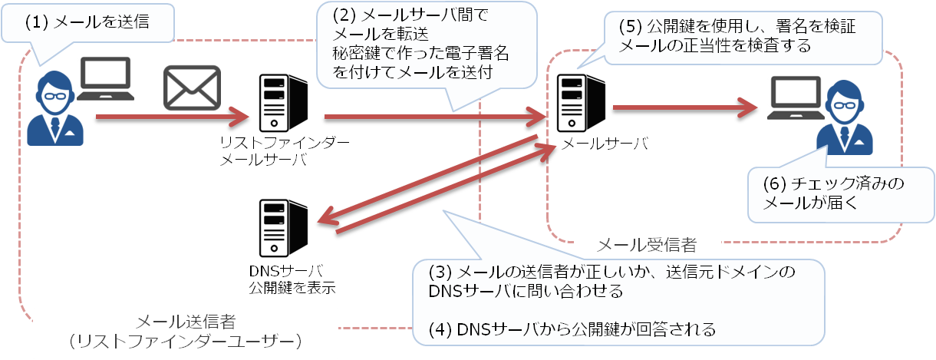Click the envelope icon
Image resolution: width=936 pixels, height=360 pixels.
coord(191,88)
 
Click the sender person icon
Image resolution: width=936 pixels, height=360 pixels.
coord(54,107)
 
